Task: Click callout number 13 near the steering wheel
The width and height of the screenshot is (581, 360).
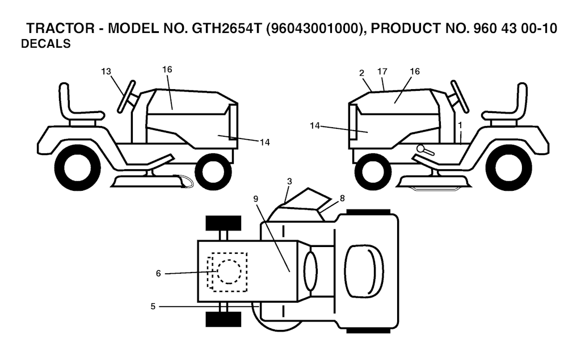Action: pos(106,71)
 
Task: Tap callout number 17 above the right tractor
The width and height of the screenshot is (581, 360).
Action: pos(382,71)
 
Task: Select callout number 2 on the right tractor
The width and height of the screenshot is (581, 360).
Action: pos(361,73)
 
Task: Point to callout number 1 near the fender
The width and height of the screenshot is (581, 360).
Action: pos(460,125)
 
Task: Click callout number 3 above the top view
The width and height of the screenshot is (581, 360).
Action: pos(289,181)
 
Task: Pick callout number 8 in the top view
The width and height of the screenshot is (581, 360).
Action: pos(342,198)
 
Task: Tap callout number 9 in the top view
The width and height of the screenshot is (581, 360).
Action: pos(256,199)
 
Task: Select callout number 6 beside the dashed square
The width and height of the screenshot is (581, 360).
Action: pos(158,274)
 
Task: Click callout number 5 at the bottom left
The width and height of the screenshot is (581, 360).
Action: pos(153,307)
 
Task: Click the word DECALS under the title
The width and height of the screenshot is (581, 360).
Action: pos(45,44)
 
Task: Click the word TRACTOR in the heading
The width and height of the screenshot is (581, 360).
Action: pos(60,28)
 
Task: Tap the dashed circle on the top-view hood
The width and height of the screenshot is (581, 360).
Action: pos(229,259)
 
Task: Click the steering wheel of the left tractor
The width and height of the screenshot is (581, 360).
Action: pos(126,96)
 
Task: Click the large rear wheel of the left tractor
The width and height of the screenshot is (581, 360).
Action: pos(77,167)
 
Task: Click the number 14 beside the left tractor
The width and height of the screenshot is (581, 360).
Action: pos(264,143)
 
